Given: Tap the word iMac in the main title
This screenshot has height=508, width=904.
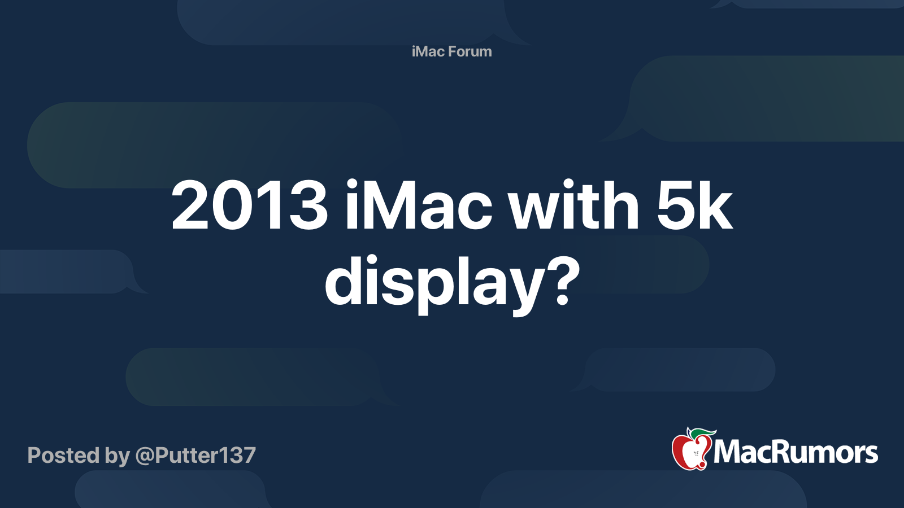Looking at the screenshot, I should click(418, 205).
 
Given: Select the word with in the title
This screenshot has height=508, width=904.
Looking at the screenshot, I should click(573, 205).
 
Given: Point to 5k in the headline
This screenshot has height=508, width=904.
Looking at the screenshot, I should click(694, 205).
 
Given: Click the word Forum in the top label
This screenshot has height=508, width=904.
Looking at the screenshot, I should click(470, 51).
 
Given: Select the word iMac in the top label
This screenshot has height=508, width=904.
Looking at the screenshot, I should click(428, 51).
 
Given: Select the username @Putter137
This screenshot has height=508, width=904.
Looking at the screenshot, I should click(195, 456).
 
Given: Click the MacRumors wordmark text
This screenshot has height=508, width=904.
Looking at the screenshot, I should click(796, 452).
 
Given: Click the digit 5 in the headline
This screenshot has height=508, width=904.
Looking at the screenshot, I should click(675, 205).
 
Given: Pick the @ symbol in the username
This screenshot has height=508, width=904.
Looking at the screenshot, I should click(145, 456).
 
